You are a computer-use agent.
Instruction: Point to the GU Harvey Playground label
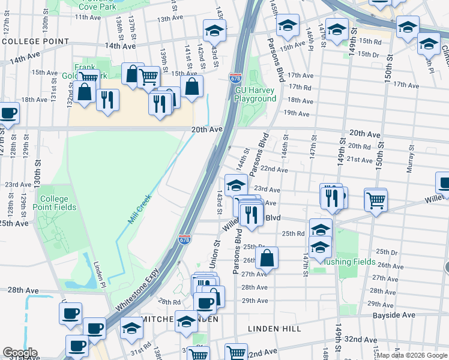pyautogui.click(x=256, y=94)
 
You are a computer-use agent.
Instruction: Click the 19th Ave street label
pyautogui.click(x=297, y=113)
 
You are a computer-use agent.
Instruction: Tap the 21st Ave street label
pyautogui.click(x=360, y=160)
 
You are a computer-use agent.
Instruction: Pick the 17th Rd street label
pyautogui.click(x=300, y=88)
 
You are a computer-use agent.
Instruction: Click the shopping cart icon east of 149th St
pyautogui.click(x=376, y=200)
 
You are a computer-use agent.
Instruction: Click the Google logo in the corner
pyautogui.click(x=20, y=353)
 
